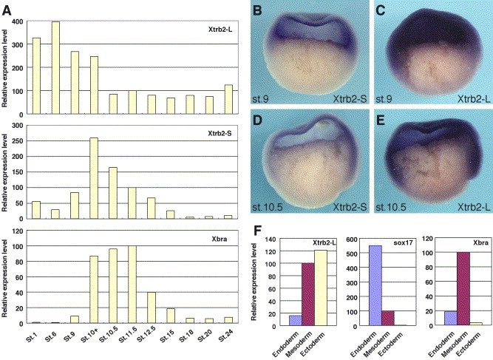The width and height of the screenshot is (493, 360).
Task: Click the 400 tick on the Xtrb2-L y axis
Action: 18,21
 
